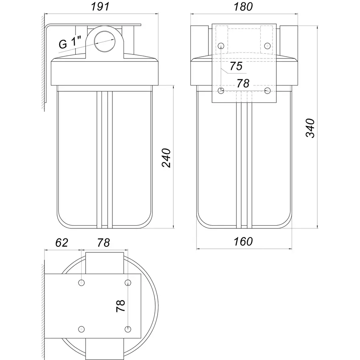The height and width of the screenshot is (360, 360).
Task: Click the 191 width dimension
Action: coord(100,6)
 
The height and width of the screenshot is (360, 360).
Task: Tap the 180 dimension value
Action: coord(243,7)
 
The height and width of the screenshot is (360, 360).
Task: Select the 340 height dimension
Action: coord(310,128)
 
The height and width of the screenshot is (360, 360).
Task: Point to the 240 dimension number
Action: coord(166,158)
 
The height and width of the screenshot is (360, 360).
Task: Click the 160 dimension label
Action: coord(243,242)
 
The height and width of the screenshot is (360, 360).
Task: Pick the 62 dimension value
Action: coord(62,243)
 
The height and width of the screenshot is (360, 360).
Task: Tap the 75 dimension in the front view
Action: coord(236,66)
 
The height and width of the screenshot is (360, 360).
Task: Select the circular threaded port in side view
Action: coord(104,41)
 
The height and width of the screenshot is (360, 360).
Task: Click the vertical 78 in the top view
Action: coord(120,306)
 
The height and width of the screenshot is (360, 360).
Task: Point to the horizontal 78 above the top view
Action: coord(104,243)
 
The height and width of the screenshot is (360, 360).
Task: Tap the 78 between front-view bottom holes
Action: coord(243,83)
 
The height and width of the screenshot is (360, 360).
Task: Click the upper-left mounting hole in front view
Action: coord(221,46)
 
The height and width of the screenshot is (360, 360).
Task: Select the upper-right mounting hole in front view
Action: coord(267,46)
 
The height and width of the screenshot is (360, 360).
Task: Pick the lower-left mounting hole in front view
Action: coord(221,90)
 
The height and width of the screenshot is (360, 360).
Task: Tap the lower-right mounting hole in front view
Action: coord(267,90)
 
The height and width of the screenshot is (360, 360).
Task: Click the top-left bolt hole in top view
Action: coord(82,283)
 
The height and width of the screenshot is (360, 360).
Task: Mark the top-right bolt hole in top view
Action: coord(128,283)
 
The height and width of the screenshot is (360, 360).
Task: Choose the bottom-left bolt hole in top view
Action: coord(82,329)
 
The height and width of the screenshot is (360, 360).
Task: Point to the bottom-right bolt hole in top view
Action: coord(128,329)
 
